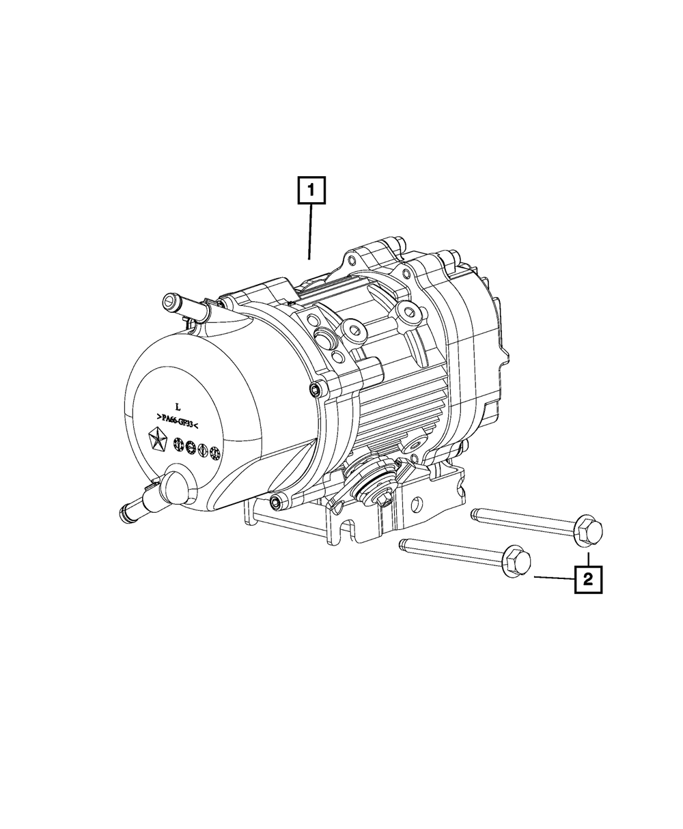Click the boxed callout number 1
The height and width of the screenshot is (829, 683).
(x=311, y=190)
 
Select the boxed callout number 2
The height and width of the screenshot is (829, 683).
(x=588, y=579)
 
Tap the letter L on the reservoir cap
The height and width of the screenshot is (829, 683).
(x=178, y=407)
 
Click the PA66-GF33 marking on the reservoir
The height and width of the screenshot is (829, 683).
(x=177, y=421)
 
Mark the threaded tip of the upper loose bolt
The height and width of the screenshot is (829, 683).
(x=474, y=514)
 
